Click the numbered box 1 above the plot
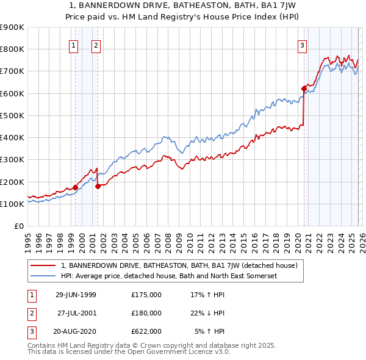(73, 45)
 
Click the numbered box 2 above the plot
(96, 45)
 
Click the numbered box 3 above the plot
(302, 45)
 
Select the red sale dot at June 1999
(76, 187)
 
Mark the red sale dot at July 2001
(98, 186)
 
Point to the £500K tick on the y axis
(12, 115)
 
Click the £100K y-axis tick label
(12, 204)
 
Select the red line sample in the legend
(43, 265)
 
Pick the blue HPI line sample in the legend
(43, 276)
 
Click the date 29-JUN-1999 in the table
(76, 295)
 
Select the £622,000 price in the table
(146, 331)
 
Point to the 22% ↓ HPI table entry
(207, 313)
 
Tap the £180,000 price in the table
(146, 313)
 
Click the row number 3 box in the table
(31, 331)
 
